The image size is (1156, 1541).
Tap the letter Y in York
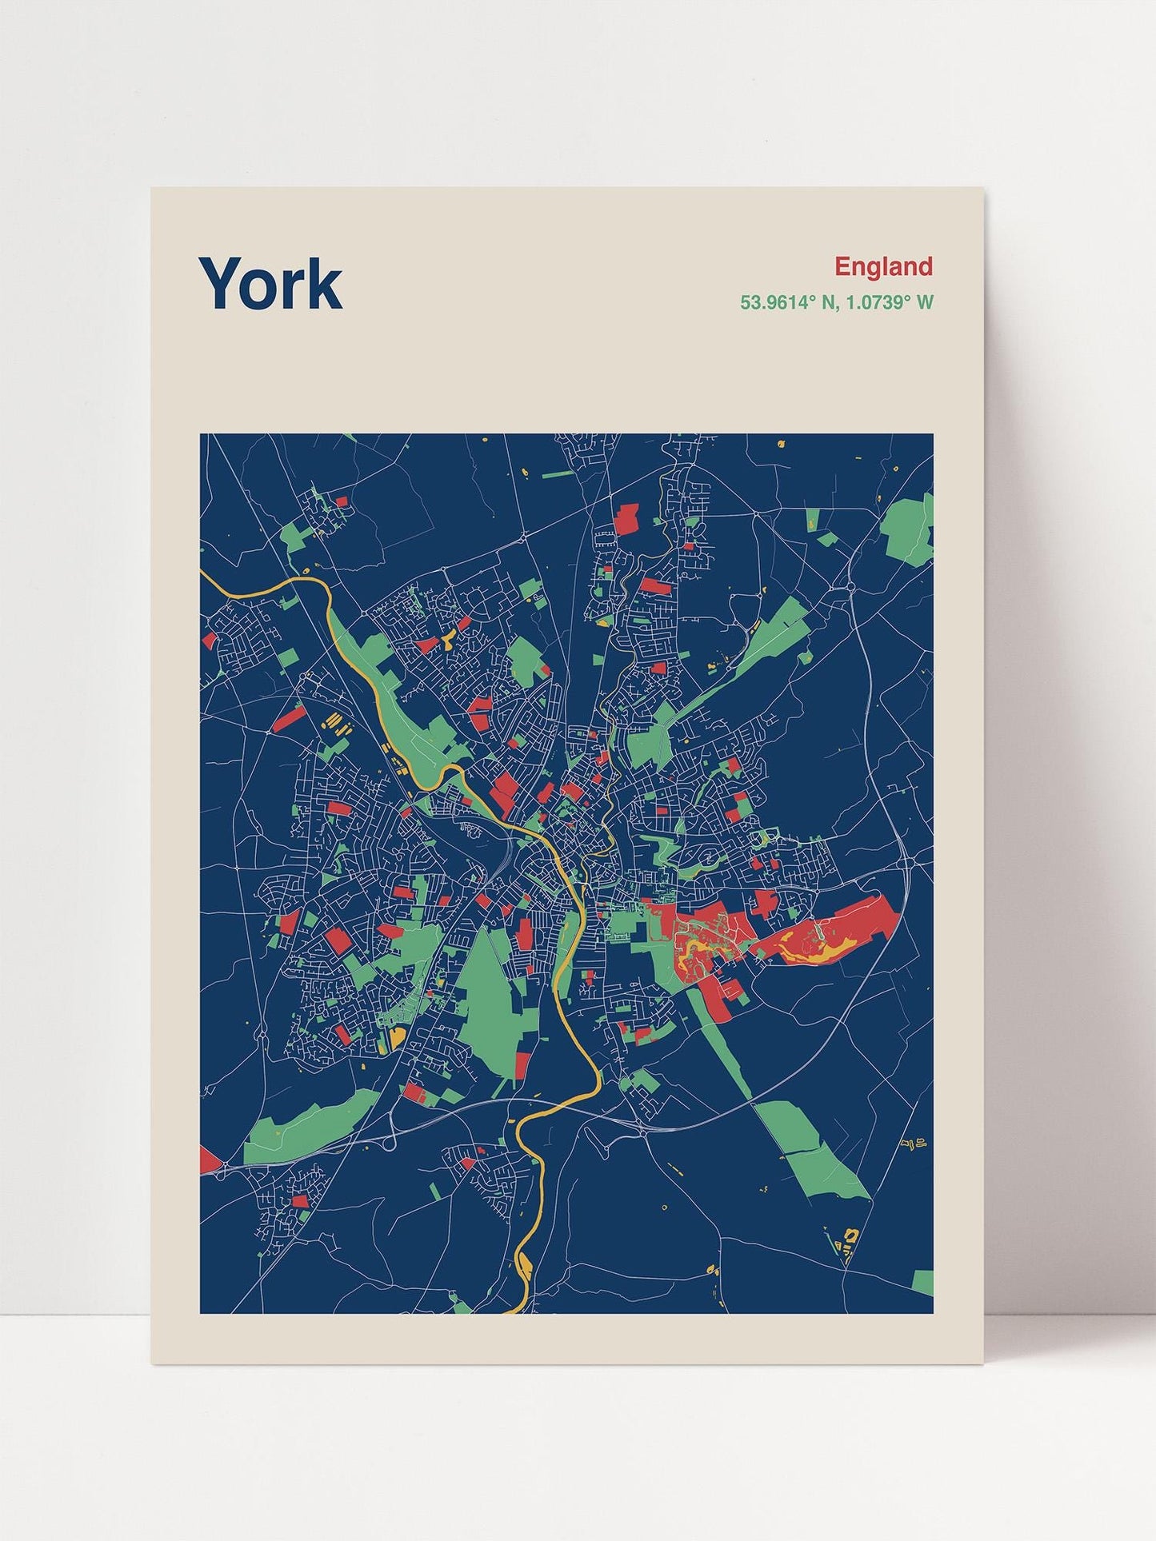pyautogui.click(x=222, y=283)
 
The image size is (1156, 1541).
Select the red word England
pyautogui.click(x=883, y=266)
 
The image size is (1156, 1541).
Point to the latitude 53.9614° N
pyautogui.click(x=789, y=303)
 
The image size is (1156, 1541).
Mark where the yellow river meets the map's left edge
pyautogui.click(x=203, y=573)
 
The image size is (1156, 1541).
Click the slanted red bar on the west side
pyautogui.click(x=286, y=719)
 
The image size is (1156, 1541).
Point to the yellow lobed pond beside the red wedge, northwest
pyautogui.click(x=446, y=641)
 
